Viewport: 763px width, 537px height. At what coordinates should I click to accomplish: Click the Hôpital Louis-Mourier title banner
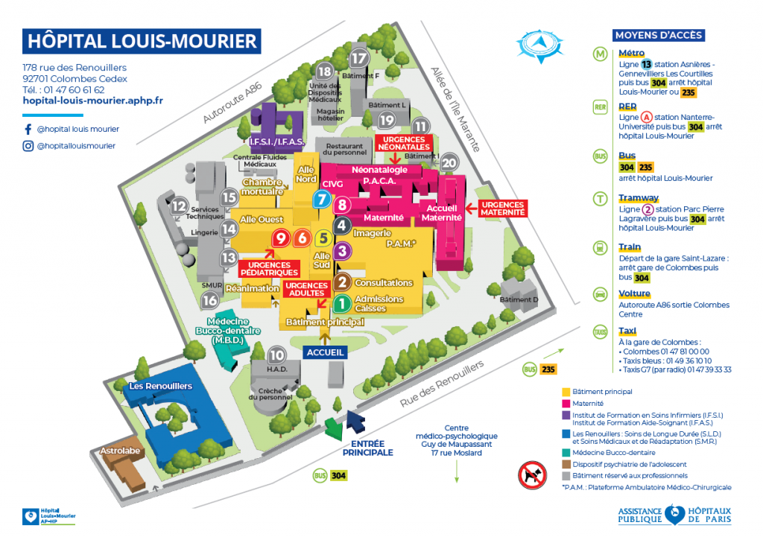(x=141, y=41)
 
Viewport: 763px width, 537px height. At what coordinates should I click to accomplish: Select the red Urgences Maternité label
(x=503, y=208)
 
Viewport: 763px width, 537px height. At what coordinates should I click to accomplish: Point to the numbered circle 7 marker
(x=321, y=200)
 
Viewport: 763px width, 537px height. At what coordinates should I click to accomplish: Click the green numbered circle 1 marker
(x=341, y=303)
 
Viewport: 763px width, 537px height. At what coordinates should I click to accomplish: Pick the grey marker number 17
(x=360, y=59)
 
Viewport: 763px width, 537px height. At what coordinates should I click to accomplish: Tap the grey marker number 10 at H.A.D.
(x=276, y=355)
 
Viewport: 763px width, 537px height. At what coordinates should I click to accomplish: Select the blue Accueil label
(x=325, y=352)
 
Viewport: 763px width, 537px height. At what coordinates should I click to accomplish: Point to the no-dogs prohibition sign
(x=533, y=474)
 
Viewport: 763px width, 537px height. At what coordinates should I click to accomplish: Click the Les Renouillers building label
(x=160, y=386)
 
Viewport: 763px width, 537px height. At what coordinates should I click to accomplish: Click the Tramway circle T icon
(x=600, y=199)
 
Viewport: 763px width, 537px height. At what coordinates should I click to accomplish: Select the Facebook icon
(x=28, y=129)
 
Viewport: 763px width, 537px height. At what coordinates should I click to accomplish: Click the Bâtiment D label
(x=519, y=299)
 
